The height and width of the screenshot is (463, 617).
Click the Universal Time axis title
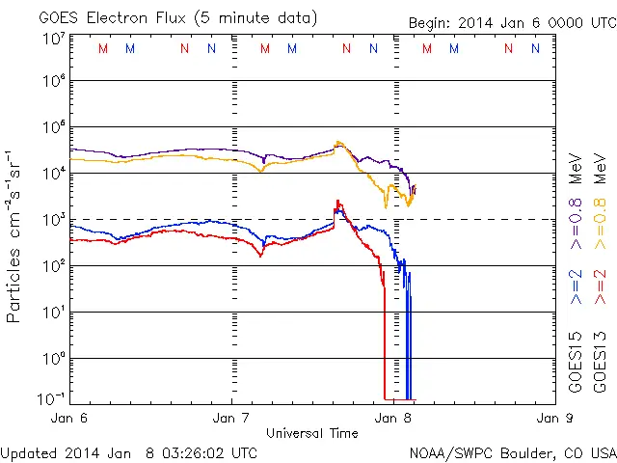(x=311, y=432)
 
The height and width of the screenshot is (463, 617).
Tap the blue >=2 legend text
(x=576, y=286)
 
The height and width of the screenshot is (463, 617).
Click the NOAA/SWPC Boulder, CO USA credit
(x=511, y=451)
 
